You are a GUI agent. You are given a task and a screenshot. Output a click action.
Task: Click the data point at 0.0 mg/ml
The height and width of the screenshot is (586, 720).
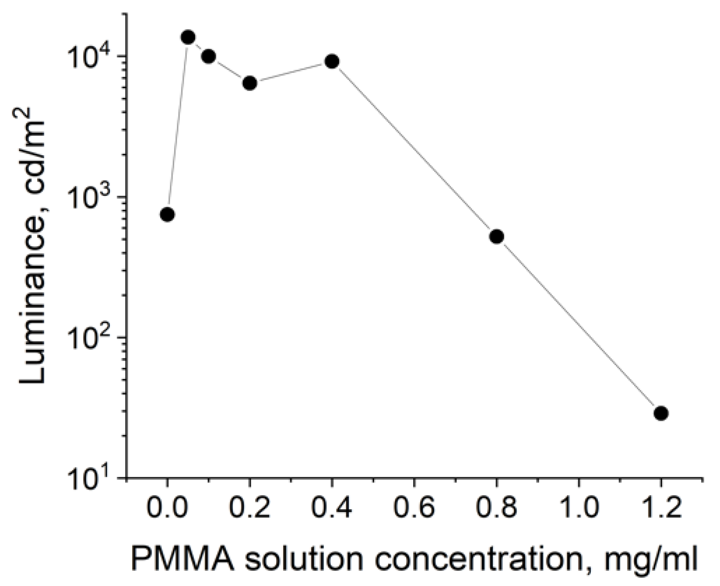(x=167, y=214)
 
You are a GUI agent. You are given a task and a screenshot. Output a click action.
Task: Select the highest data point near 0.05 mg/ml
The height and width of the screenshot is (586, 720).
(x=188, y=37)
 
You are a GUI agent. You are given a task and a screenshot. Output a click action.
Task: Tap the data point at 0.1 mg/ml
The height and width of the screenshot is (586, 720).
(x=208, y=57)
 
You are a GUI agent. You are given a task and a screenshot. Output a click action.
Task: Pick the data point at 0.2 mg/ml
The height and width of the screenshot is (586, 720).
(x=250, y=83)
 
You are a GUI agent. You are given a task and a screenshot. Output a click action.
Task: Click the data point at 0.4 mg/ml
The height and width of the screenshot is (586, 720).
(x=332, y=62)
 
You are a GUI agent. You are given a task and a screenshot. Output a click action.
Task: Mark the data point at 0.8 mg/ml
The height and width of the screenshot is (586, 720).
(x=496, y=237)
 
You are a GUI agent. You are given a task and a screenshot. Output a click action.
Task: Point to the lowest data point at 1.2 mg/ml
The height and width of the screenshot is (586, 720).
(x=661, y=413)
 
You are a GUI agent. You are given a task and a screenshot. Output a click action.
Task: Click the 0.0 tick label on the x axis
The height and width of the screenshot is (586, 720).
(x=167, y=509)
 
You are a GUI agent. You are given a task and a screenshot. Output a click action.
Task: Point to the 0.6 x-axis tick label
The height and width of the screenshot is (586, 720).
(x=414, y=509)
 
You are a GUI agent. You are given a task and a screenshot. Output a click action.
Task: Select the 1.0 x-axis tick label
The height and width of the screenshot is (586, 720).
(x=578, y=509)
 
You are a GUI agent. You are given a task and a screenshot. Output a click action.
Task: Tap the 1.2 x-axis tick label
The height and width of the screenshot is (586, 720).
(x=661, y=509)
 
